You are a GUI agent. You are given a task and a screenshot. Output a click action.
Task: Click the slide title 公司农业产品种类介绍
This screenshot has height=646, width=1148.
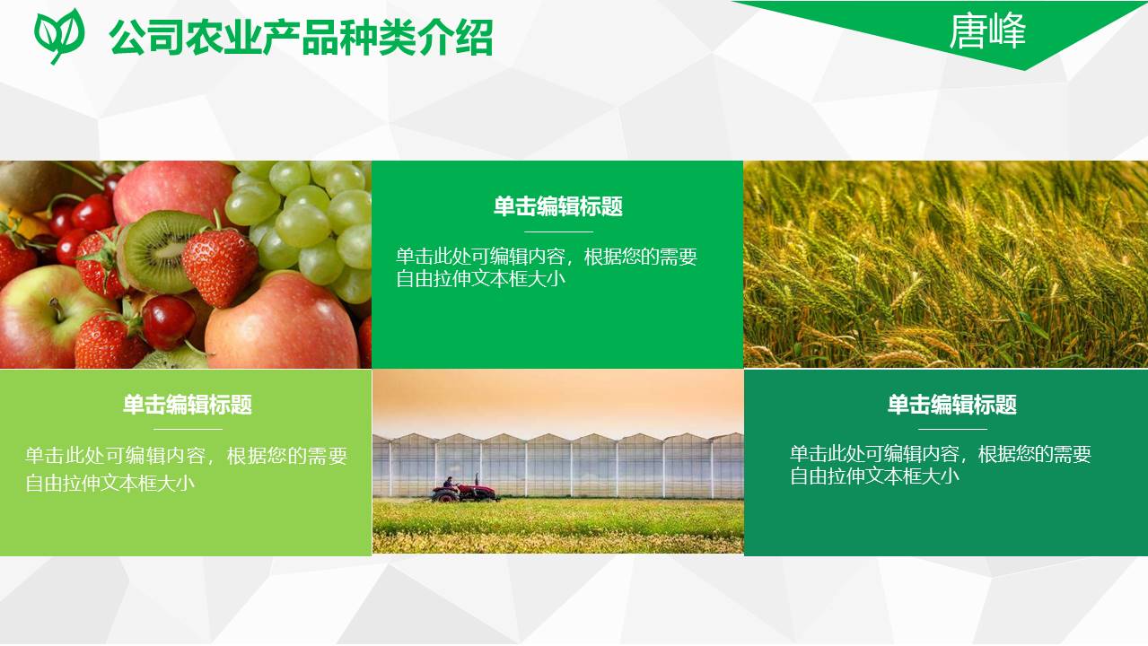pyautogui.click(x=301, y=38)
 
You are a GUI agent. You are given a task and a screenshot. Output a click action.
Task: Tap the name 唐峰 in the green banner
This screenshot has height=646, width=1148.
pyautogui.click(x=987, y=31)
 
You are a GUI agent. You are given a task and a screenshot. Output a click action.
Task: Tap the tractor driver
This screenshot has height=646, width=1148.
pyautogui.click(x=448, y=483)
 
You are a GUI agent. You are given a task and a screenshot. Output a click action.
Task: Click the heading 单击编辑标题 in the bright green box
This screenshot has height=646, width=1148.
pyautogui.click(x=557, y=207)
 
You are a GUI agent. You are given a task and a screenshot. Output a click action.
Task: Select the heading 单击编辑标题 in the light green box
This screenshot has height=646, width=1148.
pyautogui.click(x=187, y=405)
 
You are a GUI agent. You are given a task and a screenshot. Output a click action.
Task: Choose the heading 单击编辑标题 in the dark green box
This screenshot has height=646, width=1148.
pyautogui.click(x=951, y=405)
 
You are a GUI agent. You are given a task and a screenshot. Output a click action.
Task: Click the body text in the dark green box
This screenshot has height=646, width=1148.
pyautogui.click(x=940, y=465)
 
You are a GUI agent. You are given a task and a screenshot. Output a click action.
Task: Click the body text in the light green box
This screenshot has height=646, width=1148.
pyautogui.click(x=186, y=468)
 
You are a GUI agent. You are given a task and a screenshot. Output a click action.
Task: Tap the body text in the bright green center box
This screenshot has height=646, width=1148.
pyautogui.click(x=547, y=267)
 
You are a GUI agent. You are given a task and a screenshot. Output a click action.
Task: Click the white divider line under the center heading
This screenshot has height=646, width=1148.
pyautogui.click(x=557, y=231)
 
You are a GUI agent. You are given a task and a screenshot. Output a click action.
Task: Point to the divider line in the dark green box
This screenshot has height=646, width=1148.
pyautogui.click(x=951, y=429)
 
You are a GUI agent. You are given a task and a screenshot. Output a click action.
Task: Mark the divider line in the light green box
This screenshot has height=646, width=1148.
pyautogui.click(x=187, y=429)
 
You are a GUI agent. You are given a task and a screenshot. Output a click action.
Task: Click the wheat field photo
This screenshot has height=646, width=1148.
pyautogui.click(x=945, y=265)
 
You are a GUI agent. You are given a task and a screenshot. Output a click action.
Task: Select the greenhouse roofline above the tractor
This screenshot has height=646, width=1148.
pyautogui.click(x=556, y=440)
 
